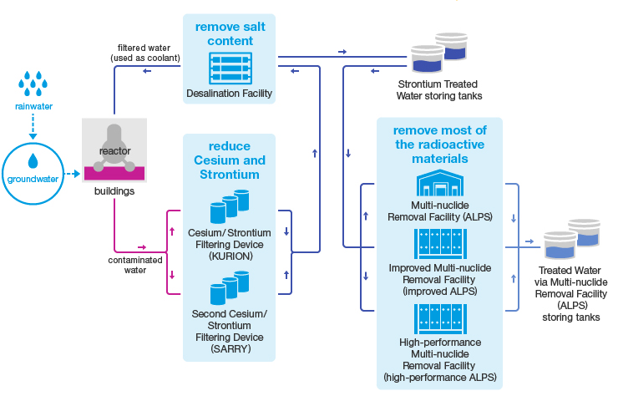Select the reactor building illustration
(x=114, y=149)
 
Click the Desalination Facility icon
(x=230, y=66)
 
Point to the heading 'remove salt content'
(x=230, y=34)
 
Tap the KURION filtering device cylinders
(x=230, y=209)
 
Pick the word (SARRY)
(x=230, y=348)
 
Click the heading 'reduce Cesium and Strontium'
(x=230, y=160)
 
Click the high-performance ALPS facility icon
(x=439, y=317)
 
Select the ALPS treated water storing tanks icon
(x=572, y=240)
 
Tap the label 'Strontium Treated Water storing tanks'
(x=438, y=89)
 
